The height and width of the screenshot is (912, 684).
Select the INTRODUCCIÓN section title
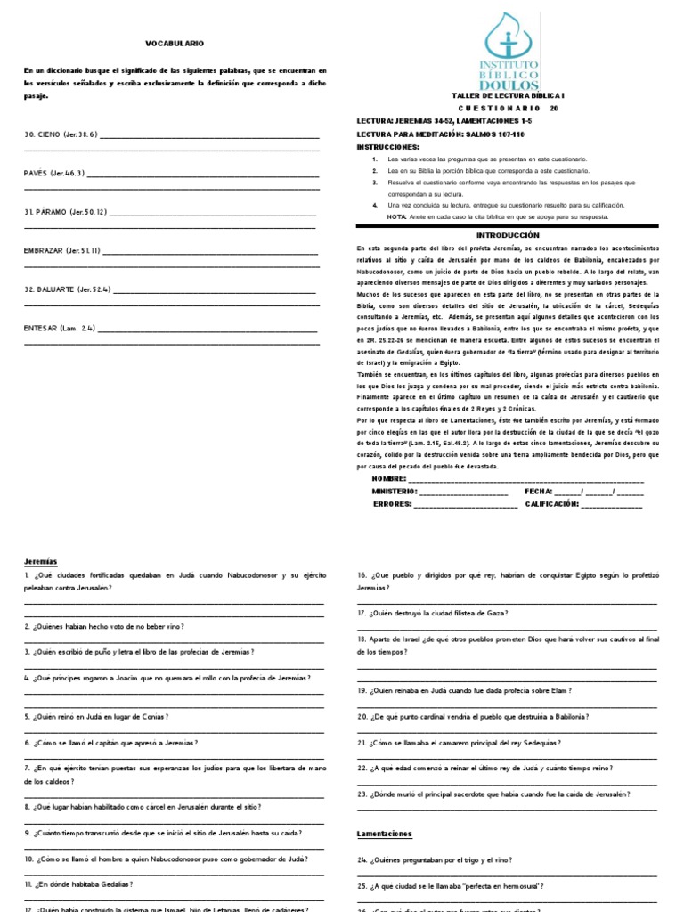coord(508,234)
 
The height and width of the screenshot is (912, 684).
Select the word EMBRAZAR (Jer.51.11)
coord(62,250)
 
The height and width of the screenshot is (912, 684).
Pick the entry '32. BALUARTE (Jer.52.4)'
coord(67,289)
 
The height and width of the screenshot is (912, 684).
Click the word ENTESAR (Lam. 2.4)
coord(60,328)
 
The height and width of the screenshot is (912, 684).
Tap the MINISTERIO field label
coord(394,491)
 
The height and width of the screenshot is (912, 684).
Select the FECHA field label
coord(538,491)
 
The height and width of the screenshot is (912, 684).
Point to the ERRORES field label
coord(392,503)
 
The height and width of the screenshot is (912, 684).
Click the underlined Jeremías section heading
coord(40,561)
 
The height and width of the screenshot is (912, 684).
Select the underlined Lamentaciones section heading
coord(385,834)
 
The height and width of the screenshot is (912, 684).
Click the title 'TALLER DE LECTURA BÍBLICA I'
coord(506,94)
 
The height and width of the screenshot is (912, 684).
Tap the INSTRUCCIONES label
coord(387,145)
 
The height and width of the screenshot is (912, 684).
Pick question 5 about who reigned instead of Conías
coord(96,716)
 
